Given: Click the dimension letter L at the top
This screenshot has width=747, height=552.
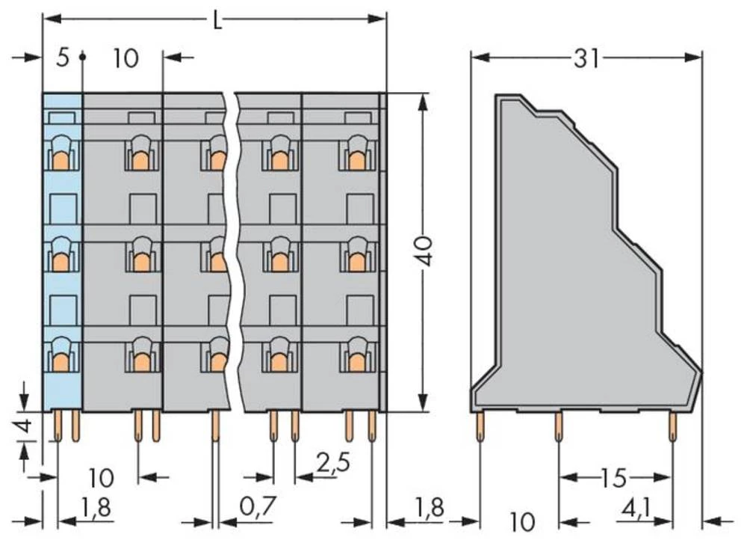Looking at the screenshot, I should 217,20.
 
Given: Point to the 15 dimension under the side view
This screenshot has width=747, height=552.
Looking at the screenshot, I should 616,477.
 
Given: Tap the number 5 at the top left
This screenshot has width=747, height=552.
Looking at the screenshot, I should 63,58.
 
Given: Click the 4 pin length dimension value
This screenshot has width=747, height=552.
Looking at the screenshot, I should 25,429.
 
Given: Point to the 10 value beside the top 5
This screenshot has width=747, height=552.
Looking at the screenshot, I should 126,58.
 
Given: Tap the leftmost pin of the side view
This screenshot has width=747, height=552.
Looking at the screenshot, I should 480,428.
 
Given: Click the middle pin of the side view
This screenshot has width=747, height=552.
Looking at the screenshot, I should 558,429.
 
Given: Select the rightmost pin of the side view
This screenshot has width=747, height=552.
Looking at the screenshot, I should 673,429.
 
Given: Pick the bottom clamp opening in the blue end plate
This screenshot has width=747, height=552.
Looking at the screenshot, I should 61,358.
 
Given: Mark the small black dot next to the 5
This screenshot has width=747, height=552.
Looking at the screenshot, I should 82,57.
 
